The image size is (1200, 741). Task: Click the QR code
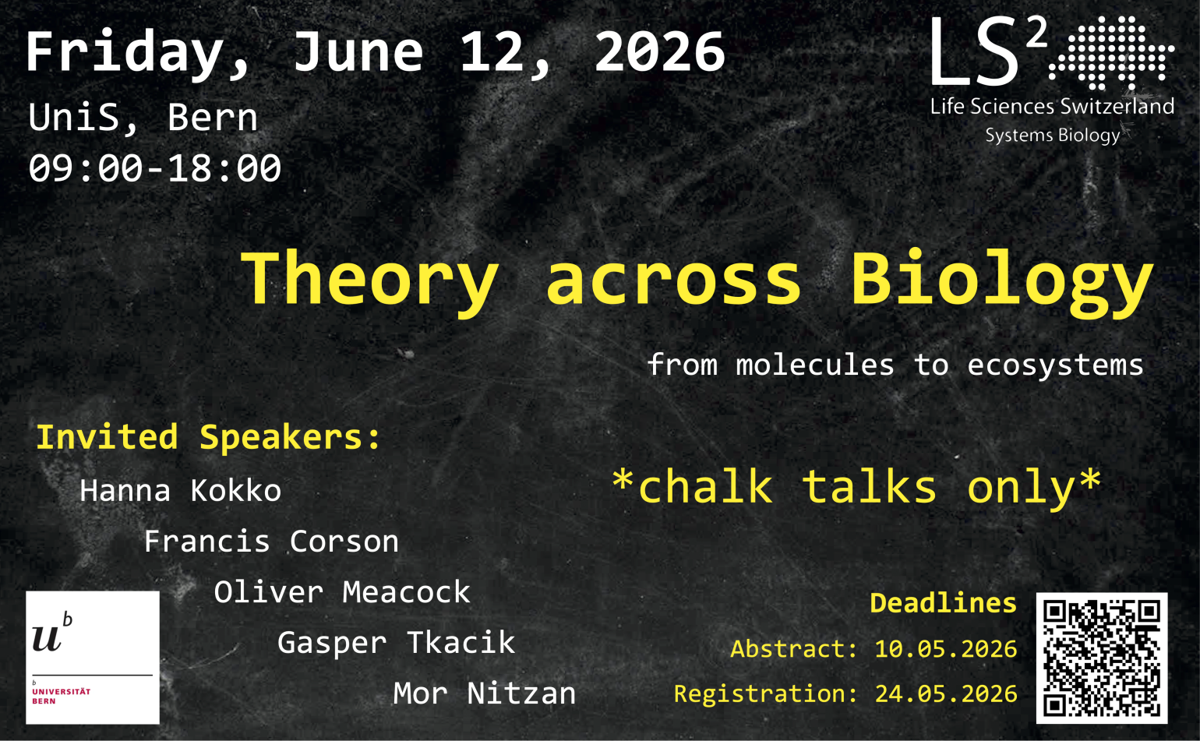pos(1102,658)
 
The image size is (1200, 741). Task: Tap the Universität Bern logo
pos(93,658)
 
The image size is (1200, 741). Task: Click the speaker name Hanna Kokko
pos(181,490)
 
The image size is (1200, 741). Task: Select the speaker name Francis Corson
pos(272,542)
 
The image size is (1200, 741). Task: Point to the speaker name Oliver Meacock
pos(342,592)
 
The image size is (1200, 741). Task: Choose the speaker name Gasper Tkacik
pos(397,643)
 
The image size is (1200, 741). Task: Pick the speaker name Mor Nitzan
pos(485,693)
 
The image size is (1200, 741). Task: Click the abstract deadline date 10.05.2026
pos(946,649)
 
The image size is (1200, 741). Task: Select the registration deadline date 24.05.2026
pos(946,693)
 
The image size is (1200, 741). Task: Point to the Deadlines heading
pos(944,603)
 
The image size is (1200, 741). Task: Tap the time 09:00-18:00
pos(155,168)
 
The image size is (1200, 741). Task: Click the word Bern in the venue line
pos(213,118)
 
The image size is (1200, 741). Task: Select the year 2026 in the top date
pos(660,51)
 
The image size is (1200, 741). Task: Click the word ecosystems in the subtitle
pos(1055,366)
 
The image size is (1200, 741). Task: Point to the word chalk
pos(706,486)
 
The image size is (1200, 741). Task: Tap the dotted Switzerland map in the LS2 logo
pos(1112,52)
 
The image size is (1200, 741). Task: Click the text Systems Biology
pos(1053,136)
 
